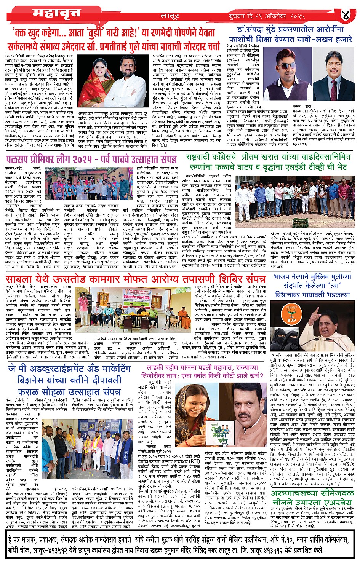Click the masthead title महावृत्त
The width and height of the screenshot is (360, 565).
(x=56, y=13)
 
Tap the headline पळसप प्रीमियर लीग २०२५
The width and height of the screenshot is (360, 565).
(x=91, y=158)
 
